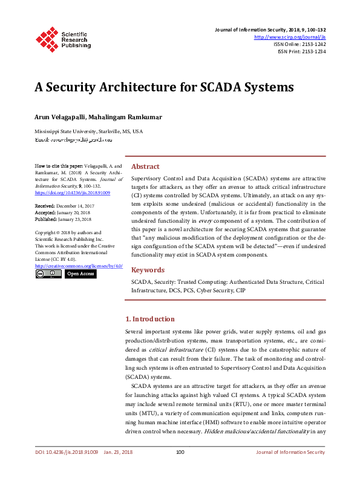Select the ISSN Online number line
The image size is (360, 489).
(299, 44)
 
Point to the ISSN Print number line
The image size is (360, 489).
(301, 52)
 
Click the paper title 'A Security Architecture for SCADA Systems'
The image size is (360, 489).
(164, 87)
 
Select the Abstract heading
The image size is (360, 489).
(145, 166)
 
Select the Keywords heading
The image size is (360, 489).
(148, 270)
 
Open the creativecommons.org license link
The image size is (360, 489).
(79, 266)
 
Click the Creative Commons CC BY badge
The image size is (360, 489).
(48, 274)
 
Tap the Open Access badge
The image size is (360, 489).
(80, 274)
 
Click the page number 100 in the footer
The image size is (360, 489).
(180, 469)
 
